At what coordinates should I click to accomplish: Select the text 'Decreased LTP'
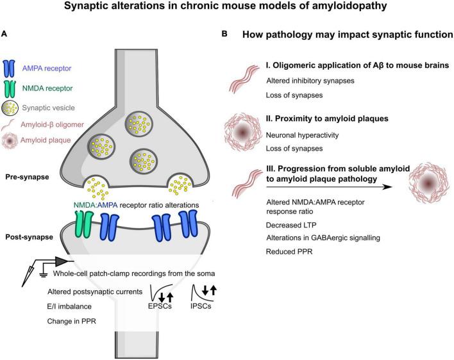(290, 225)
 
